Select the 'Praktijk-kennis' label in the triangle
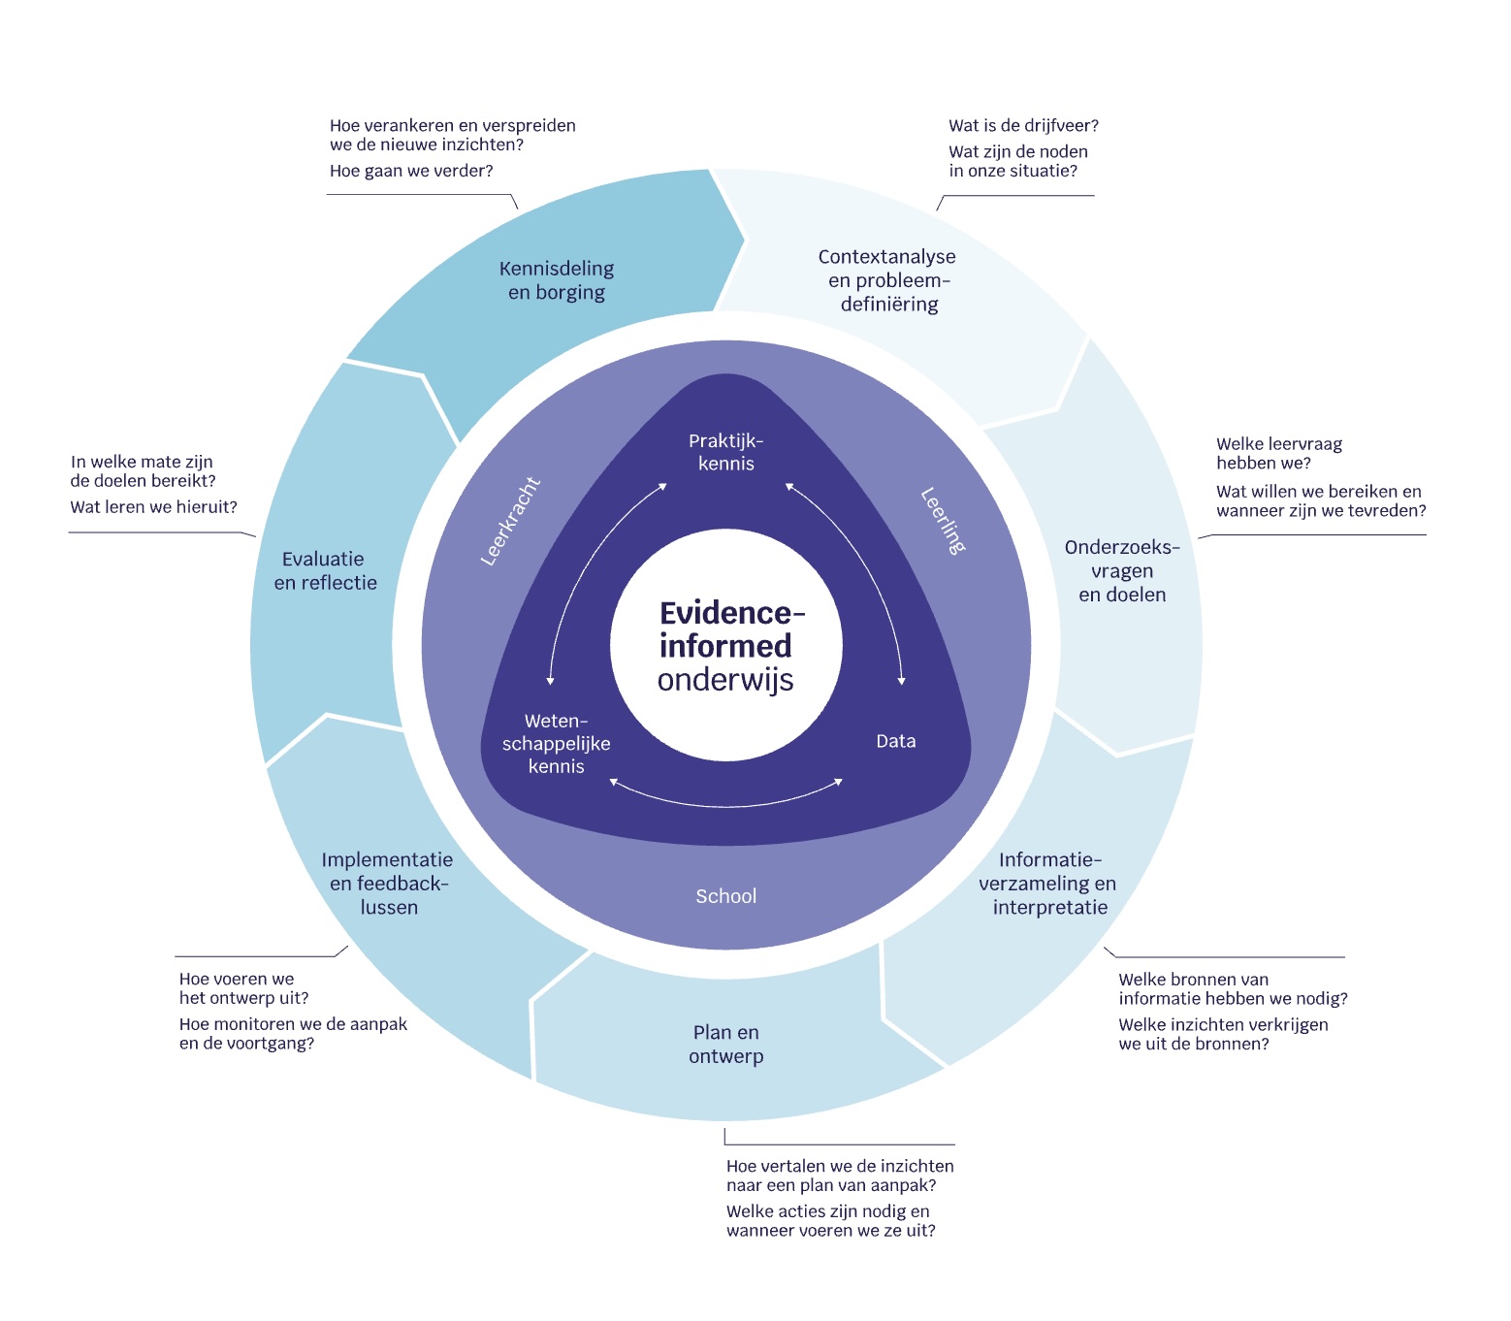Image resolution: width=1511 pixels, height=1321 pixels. click(x=726, y=452)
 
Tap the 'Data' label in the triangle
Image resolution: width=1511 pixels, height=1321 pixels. click(x=895, y=741)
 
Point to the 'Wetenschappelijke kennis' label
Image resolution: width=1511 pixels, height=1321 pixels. click(x=557, y=744)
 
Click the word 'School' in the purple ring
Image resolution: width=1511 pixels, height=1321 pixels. click(x=725, y=896)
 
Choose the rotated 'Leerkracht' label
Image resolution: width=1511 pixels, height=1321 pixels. click(x=511, y=521)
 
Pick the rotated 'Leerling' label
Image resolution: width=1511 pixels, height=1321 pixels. click(x=943, y=521)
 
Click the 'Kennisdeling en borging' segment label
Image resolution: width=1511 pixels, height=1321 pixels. click(x=557, y=280)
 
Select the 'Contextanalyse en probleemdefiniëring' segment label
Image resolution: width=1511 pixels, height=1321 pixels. click(x=887, y=280)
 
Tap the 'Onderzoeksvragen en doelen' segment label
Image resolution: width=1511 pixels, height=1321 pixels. click(x=1122, y=571)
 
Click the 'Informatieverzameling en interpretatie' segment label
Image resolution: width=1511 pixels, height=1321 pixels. click(x=1048, y=884)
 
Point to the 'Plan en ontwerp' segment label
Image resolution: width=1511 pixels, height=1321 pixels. click(x=726, y=1045)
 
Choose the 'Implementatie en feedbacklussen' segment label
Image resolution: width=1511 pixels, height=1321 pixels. click(x=388, y=884)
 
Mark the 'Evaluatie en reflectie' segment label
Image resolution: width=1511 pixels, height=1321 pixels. click(x=325, y=571)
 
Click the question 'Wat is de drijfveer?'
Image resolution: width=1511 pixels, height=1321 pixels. click(x=1023, y=126)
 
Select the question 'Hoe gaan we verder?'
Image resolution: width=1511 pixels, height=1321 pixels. click(x=411, y=172)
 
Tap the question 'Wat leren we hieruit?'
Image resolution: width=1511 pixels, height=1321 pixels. click(x=153, y=507)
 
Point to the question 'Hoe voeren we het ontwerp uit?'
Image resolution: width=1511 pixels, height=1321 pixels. click(x=243, y=988)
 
